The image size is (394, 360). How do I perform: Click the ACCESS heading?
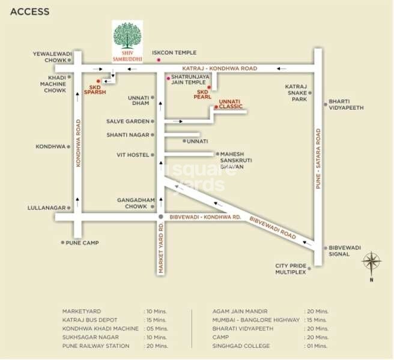(29, 12)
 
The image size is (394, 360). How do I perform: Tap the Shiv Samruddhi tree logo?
(127, 35)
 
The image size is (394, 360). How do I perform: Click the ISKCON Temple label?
(174, 53)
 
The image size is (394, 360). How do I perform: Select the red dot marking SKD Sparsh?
(98, 81)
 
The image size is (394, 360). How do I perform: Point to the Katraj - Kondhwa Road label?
(220, 68)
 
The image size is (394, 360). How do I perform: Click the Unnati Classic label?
(231, 104)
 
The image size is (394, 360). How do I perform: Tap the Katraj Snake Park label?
(296, 93)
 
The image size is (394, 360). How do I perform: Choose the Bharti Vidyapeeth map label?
(346, 104)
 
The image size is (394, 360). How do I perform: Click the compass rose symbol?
(371, 261)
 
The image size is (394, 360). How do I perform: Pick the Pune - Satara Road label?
(318, 158)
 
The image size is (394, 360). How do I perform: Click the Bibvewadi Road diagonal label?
(273, 227)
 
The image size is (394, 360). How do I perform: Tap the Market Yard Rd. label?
(161, 248)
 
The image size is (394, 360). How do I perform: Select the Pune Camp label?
(82, 243)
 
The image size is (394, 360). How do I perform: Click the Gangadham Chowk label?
(136, 203)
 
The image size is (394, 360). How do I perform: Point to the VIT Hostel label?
(133, 155)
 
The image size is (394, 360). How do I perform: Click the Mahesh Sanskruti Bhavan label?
(236, 160)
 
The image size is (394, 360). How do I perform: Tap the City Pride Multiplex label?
(291, 269)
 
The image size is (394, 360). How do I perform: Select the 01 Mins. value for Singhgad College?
(317, 346)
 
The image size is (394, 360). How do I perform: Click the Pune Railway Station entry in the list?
(95, 346)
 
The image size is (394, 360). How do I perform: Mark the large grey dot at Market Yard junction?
(161, 217)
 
